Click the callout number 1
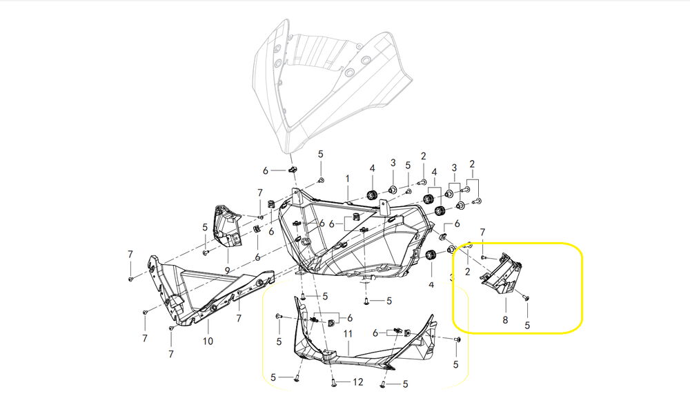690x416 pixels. [348, 179]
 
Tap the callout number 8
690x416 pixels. [505, 320]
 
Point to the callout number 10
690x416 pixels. [208, 341]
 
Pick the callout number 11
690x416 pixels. [348, 334]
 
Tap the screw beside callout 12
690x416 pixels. [334, 382]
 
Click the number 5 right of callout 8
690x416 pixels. [528, 325]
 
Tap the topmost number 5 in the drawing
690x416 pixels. [320, 153]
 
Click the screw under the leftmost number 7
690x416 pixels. [130, 278]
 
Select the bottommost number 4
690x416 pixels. [431, 284]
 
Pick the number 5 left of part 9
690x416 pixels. [205, 227]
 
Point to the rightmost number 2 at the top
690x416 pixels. [473, 164]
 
